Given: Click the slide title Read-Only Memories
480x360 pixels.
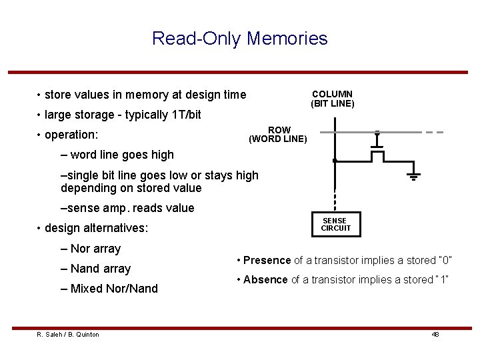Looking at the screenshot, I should point(240,38).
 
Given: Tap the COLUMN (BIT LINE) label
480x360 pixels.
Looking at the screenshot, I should point(332,99).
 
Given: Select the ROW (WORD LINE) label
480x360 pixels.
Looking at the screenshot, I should point(278,135).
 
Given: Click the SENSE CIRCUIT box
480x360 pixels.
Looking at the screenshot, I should point(335,224).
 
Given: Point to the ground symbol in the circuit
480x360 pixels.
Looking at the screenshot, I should point(413,176).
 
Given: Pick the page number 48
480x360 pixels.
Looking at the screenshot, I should point(435,334).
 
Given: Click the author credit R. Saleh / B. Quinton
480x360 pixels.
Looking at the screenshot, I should point(68,334).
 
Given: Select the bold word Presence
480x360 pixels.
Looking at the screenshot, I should point(267,260).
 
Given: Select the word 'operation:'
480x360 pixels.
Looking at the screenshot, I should point(71,135).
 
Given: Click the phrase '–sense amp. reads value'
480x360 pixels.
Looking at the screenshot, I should point(127,208).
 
